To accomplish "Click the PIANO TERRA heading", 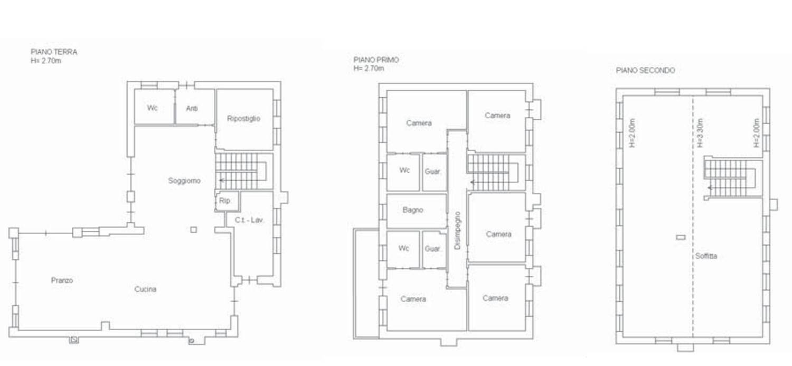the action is coord(54,52).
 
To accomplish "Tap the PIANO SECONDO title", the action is coord(645,70).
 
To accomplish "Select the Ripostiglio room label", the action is coord(243,118).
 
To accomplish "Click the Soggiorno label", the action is coord(184,181).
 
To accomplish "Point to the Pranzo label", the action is coord(62,280).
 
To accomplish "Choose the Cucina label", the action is coord(145,289).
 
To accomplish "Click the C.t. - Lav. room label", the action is coord(249,220).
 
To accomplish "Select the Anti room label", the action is coord(192,109).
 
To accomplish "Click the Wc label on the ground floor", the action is coord(153,108).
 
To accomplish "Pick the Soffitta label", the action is coord(706,256).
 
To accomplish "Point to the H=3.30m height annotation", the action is coord(700,133).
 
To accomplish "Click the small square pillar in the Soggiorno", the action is coord(193,230).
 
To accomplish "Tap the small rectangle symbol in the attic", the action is coord(681,238).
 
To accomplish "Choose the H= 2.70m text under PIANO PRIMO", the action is coord(369,68).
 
